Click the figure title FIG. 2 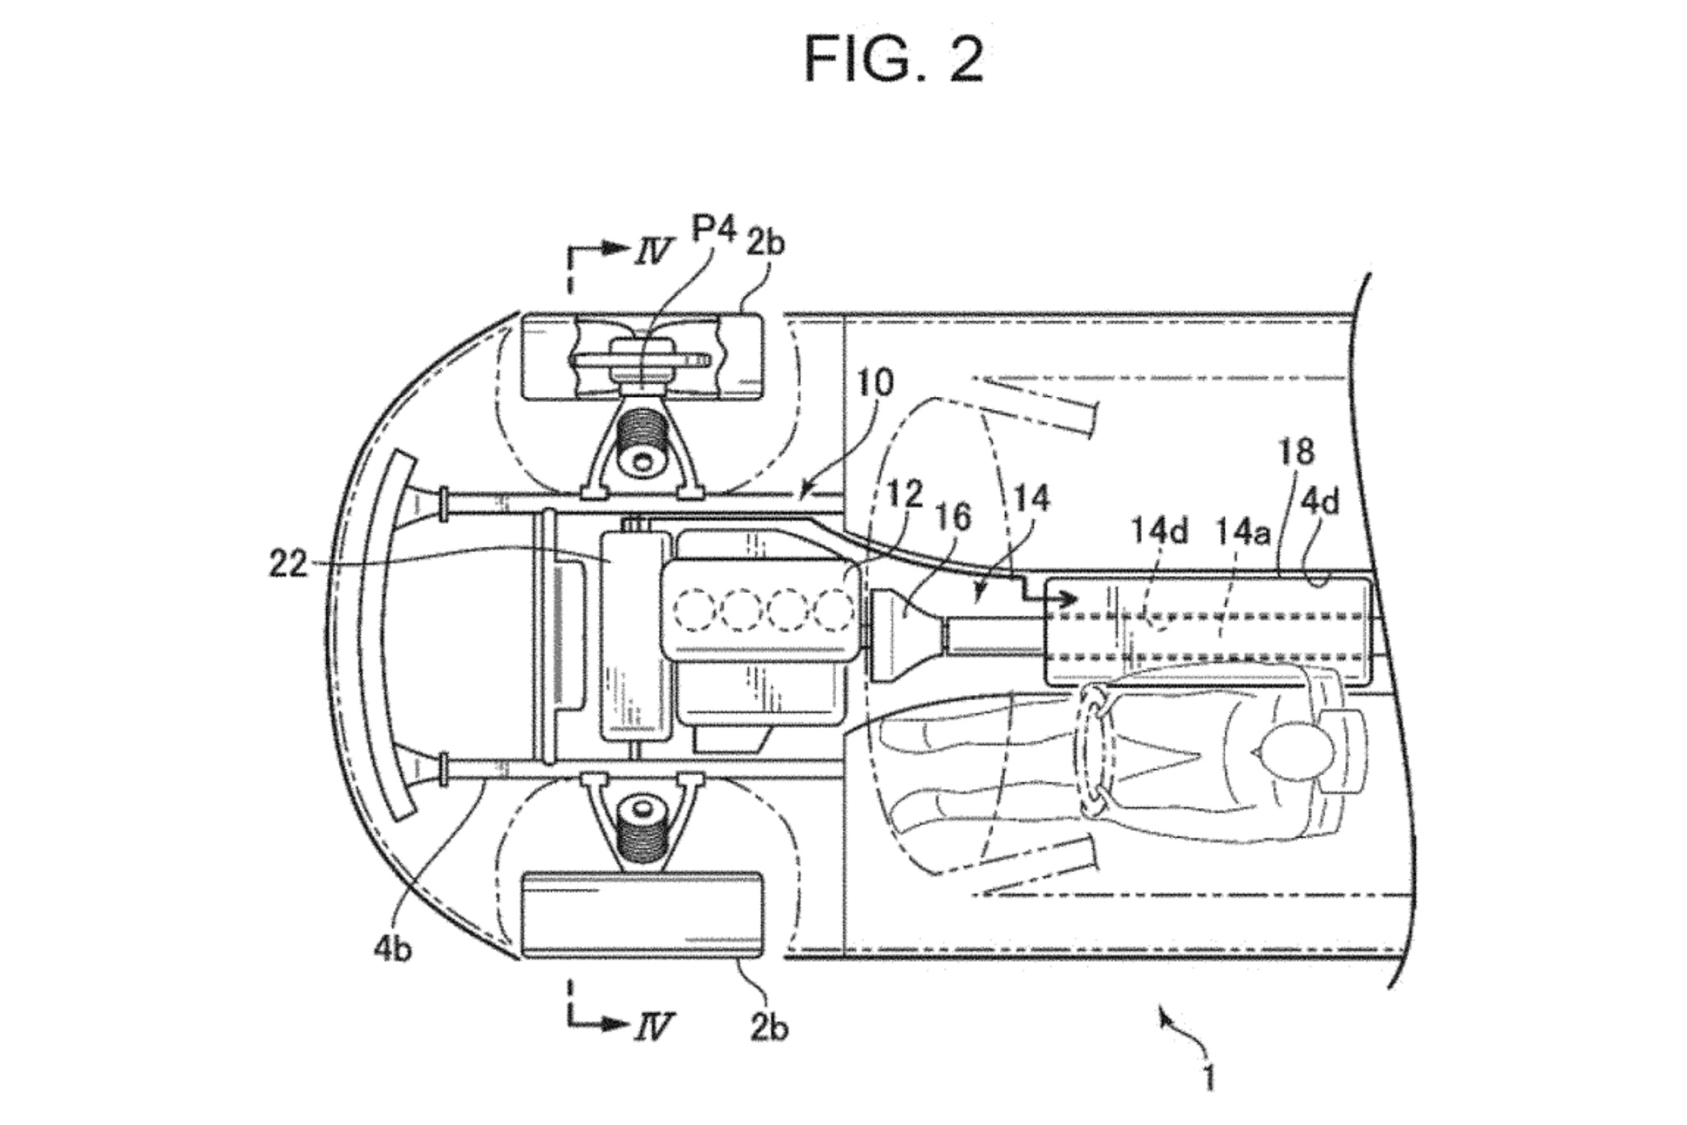[893, 59]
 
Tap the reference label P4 [713, 229]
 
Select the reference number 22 [287, 565]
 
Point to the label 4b [393, 950]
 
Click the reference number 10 [874, 383]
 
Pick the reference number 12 [904, 493]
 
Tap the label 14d [1158, 531]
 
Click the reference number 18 [1297, 451]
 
